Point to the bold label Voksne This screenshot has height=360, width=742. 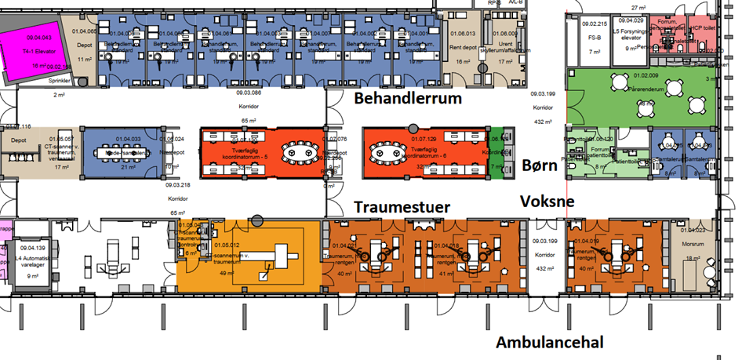coord(547,201)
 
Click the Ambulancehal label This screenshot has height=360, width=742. coord(548,343)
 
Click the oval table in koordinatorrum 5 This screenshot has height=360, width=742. coord(298,149)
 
